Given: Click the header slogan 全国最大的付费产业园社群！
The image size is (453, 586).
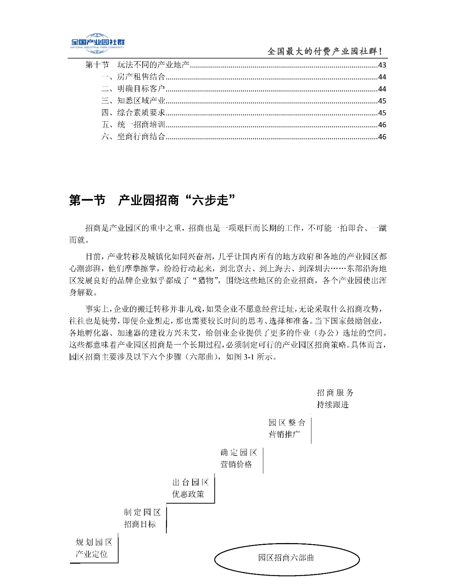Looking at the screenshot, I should pyautogui.click(x=325, y=51).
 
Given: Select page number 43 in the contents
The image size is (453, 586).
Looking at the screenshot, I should pyautogui.click(x=382, y=65).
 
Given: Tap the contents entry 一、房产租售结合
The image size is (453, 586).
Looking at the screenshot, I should pyautogui.click(x=133, y=77).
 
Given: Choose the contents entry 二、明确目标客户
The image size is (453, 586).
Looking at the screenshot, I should pyautogui.click(x=133, y=89).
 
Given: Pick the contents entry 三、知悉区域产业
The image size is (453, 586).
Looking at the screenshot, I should pyautogui.click(x=133, y=101).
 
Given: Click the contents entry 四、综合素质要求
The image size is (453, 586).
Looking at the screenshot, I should pyautogui.click(x=133, y=113).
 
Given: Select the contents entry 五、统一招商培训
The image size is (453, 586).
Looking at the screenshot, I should pyautogui.click(x=133, y=125).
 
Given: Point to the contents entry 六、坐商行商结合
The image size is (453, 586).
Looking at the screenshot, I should pyautogui.click(x=133, y=137).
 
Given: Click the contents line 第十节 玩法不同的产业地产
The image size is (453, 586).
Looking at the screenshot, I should pyautogui.click(x=137, y=65).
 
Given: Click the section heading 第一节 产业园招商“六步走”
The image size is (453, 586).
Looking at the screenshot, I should pyautogui.click(x=153, y=201).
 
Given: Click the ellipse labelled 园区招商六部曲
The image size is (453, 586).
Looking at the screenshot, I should pyautogui.click(x=287, y=558).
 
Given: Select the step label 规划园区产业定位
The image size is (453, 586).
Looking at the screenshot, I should pyautogui.click(x=93, y=548).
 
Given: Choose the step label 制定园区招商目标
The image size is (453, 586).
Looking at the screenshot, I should pyautogui.click(x=142, y=518).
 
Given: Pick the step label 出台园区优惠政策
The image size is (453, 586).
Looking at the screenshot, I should pyautogui.click(x=190, y=488).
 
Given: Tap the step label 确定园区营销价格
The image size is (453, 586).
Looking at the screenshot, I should pyautogui.click(x=239, y=458).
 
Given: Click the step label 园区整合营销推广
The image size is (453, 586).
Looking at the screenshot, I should pyautogui.click(x=287, y=428).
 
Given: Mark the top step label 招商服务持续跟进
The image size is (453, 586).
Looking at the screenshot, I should pyautogui.click(x=335, y=398).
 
